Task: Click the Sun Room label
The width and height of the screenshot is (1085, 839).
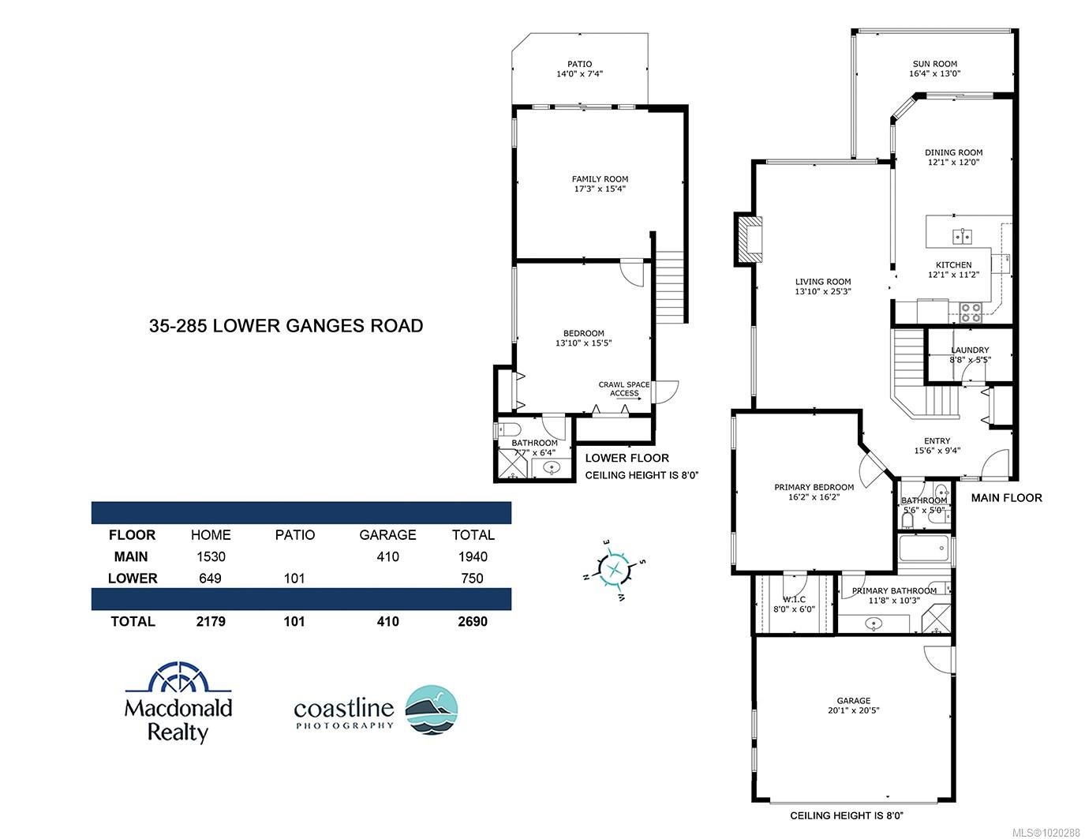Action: click(935, 64)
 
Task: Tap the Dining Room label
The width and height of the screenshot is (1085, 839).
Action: click(954, 152)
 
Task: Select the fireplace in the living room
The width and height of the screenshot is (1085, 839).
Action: click(750, 238)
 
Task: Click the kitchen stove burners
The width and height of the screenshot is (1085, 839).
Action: click(971, 313)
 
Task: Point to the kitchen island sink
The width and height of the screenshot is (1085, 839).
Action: click(963, 235)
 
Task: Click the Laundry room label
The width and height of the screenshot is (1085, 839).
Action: click(970, 350)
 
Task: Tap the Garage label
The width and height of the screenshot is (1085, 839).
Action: click(854, 700)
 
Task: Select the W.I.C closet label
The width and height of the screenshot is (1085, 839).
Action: click(794, 599)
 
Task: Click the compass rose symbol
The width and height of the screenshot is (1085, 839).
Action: click(614, 568)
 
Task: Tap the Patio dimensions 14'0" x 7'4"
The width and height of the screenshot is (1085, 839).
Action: click(579, 74)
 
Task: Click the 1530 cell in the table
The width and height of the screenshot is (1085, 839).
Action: click(211, 556)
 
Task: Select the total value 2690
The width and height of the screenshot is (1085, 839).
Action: click(473, 621)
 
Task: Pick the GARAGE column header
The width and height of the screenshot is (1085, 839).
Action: click(387, 534)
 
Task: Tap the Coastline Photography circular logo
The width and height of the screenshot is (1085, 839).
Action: click(432, 710)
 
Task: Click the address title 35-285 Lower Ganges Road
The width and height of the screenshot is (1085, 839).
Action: click(286, 325)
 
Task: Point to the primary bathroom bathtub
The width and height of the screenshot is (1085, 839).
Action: click(923, 549)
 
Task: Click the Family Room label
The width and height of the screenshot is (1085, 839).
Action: click(600, 179)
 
